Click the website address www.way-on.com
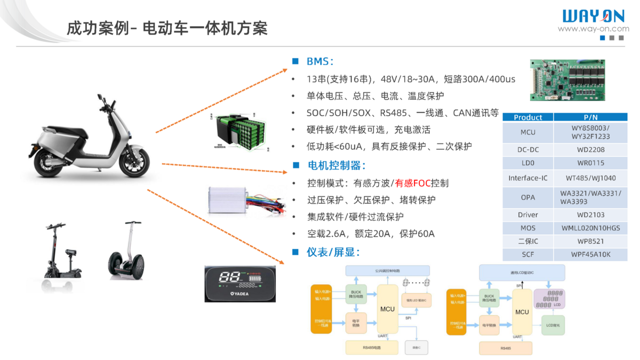click(594, 29)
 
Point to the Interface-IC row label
click(527, 178)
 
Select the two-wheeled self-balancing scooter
click(126, 253)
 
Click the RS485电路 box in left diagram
click(372, 347)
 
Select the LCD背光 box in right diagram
click(553, 324)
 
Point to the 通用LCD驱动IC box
click(522, 273)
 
